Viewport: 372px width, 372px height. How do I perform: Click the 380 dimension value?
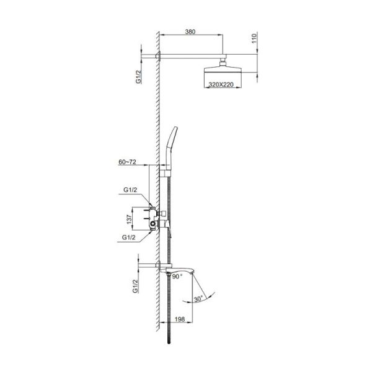pyautogui.click(x=190, y=32)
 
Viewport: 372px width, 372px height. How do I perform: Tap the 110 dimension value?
pyautogui.click(x=254, y=38)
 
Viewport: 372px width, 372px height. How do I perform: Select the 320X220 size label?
pyautogui.click(x=221, y=84)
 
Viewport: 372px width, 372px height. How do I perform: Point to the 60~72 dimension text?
pyautogui.click(x=127, y=162)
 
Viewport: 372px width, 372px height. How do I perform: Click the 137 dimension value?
pyautogui.click(x=129, y=219)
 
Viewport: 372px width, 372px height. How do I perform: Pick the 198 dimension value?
pyautogui.click(x=180, y=319)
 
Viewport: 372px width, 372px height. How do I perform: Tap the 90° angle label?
pyautogui.click(x=177, y=277)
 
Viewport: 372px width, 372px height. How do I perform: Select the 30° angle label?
pyautogui.click(x=198, y=299)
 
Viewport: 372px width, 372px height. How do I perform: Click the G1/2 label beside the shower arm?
pyautogui.click(x=138, y=77)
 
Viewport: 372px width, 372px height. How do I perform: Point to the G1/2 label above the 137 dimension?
pyautogui.click(x=130, y=190)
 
